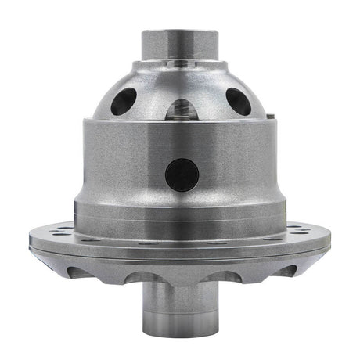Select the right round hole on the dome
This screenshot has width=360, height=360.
[x=238, y=101]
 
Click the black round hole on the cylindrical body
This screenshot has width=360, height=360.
[x=182, y=173]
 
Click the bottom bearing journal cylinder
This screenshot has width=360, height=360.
[x=179, y=309]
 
